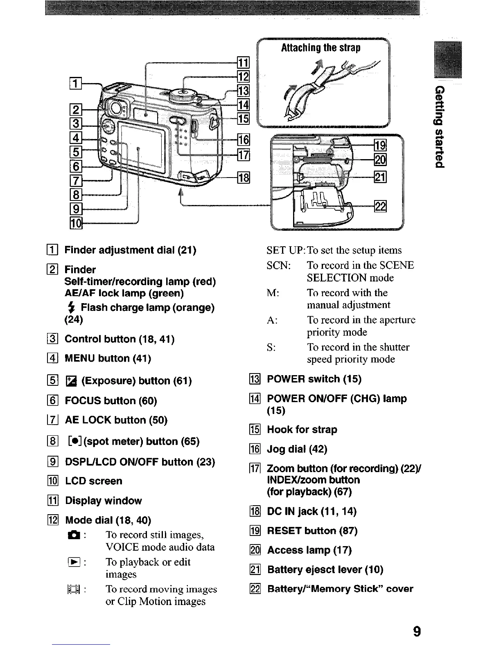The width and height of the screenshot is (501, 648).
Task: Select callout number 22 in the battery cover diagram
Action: [x=380, y=207]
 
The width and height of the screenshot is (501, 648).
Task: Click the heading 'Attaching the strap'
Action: [x=320, y=48]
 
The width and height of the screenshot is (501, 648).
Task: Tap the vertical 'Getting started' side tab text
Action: [x=439, y=127]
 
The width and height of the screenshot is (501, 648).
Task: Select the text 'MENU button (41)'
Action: [x=108, y=359]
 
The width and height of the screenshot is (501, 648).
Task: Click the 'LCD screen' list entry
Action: [x=94, y=481]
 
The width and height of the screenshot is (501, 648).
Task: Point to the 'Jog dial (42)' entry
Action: [x=297, y=450]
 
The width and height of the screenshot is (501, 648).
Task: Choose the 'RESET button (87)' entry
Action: [x=312, y=531]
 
